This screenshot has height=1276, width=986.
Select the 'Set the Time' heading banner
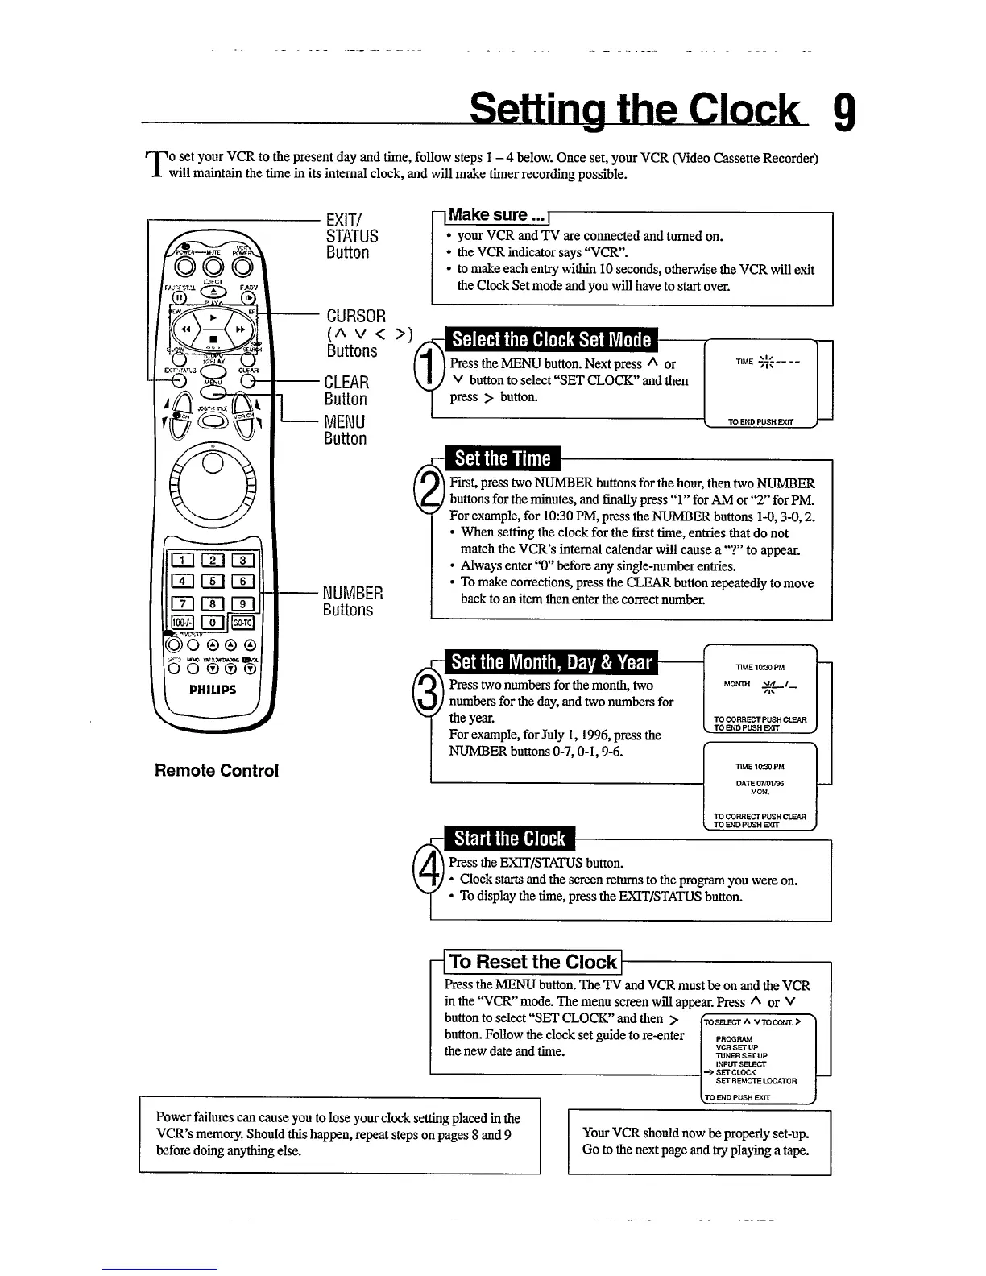point(502,459)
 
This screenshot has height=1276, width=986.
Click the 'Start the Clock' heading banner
point(509,839)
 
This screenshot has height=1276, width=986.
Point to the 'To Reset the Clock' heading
point(532,962)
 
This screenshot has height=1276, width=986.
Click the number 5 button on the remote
point(212,582)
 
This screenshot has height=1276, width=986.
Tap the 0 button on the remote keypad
point(212,622)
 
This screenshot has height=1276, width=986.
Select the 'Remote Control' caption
point(216,771)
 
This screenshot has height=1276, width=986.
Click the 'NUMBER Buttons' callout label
point(352,602)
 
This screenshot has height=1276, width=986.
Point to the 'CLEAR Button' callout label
point(346,391)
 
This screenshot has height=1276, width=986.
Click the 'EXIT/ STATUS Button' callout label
point(351,235)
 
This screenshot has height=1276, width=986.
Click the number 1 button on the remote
point(183,561)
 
